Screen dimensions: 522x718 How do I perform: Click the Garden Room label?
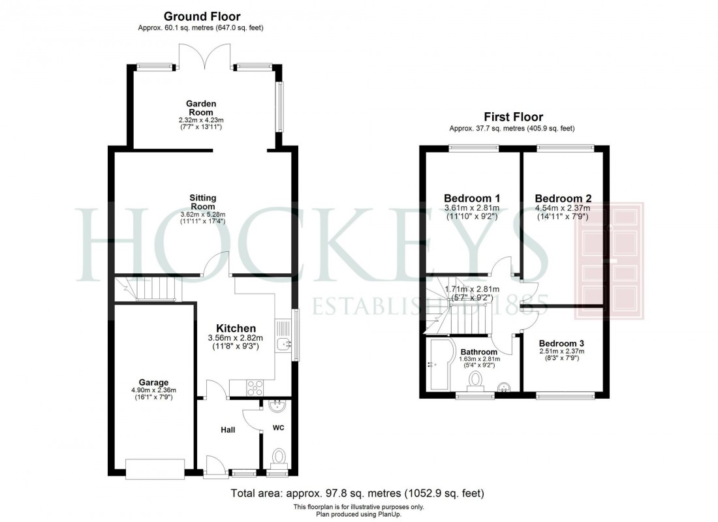201,108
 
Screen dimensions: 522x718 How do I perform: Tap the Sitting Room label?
202,202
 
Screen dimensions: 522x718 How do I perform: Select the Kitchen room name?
236,328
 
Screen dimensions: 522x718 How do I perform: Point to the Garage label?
153,382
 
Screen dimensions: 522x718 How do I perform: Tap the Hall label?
227,429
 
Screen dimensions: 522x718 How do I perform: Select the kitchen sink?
282,343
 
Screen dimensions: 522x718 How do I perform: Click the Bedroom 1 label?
472,198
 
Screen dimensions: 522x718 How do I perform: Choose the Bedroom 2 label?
563,198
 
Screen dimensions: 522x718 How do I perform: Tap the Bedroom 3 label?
562,343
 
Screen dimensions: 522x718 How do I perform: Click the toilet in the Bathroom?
476,380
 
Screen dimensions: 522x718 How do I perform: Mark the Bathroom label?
478,352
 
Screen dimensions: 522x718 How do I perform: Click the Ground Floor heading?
202,16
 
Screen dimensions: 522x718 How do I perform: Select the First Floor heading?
512,117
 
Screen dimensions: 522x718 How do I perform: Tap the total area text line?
358,493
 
